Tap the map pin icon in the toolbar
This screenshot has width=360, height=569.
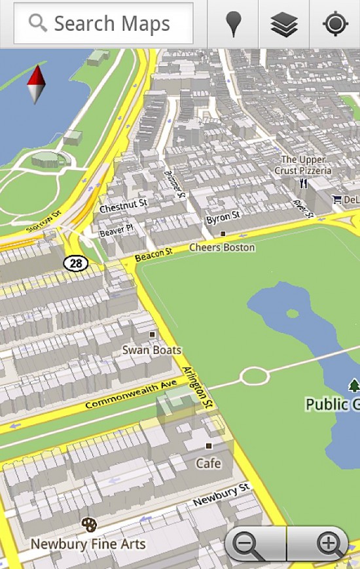pyautogui.click(x=232, y=24)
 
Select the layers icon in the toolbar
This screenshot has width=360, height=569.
pyautogui.click(x=284, y=24)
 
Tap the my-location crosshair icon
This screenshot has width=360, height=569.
pyautogui.click(x=335, y=24)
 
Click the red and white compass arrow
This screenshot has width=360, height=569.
pyautogui.click(x=36, y=84)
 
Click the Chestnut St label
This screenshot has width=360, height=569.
pyautogui.click(x=123, y=206)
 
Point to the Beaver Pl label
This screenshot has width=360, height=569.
pyautogui.click(x=116, y=230)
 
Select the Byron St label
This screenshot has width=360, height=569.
pyautogui.click(x=223, y=218)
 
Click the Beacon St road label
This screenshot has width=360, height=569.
pyautogui.click(x=153, y=254)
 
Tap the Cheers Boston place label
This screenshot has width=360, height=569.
pyautogui.click(x=222, y=248)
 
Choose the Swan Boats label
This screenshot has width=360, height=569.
pyautogui.click(x=152, y=350)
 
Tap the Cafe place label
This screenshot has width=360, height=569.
pyautogui.click(x=209, y=463)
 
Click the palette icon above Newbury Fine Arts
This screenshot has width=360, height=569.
pyautogui.click(x=88, y=525)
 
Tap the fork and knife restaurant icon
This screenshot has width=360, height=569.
pyautogui.click(x=303, y=184)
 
